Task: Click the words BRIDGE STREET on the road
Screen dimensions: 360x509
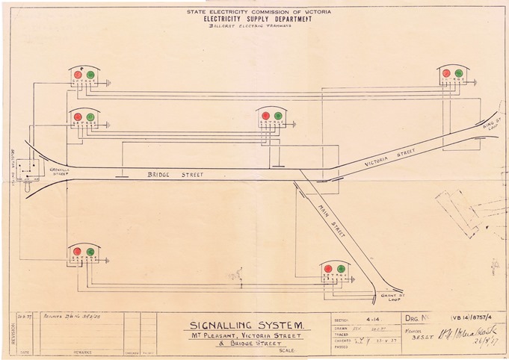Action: (170, 174)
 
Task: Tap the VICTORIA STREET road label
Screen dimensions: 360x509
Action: (389, 159)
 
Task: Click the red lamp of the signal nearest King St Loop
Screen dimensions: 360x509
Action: (446, 73)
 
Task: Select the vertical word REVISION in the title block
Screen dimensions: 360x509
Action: (10, 328)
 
